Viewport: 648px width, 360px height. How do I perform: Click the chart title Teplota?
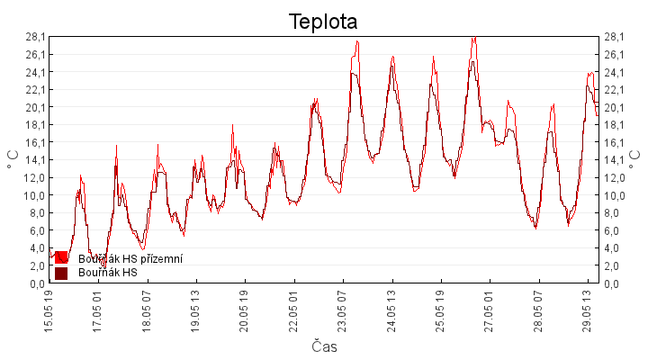pyautogui.click(x=323, y=22)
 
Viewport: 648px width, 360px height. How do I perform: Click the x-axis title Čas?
pyautogui.click(x=324, y=346)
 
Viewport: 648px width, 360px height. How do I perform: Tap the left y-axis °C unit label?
pyautogui.click(x=13, y=159)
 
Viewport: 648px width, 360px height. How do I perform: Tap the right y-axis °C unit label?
pyautogui.click(x=634, y=159)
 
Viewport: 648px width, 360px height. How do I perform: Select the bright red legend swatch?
pyautogui.click(x=61, y=257)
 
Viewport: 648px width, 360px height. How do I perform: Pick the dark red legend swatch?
pyautogui.click(x=61, y=274)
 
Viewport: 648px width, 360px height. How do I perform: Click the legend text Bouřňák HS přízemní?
pyautogui.click(x=130, y=258)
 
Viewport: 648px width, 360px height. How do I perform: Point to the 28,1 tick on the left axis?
pyautogui.click(x=35, y=37)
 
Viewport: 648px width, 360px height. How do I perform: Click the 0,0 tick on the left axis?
pyautogui.click(x=37, y=283)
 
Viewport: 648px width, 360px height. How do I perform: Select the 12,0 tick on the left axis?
pyautogui.click(x=35, y=177)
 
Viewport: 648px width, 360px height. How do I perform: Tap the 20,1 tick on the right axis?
pyautogui.click(x=614, y=107)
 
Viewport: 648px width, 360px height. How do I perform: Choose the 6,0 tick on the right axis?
pyautogui.click(x=612, y=230)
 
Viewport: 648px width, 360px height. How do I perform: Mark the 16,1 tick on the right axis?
pyautogui.click(x=614, y=142)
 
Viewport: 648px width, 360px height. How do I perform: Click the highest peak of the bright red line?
pyautogui.click(x=475, y=37)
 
